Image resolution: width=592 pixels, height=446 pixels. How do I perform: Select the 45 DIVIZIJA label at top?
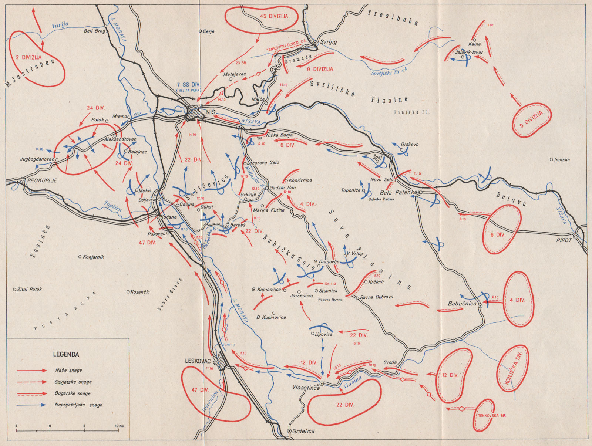tap(274, 16)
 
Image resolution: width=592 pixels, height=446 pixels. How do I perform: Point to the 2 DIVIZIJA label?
tap(29, 57)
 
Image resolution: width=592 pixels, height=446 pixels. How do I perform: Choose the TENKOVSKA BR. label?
tap(492, 416)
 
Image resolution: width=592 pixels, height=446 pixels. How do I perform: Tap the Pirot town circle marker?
tap(576, 236)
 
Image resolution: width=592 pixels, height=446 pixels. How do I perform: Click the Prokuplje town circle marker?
tap(23, 180)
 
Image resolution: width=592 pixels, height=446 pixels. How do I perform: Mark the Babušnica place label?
tap(462, 304)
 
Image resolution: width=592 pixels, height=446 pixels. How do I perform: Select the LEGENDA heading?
tap(66, 354)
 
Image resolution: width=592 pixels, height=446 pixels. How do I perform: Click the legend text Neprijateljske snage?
tap(78, 405)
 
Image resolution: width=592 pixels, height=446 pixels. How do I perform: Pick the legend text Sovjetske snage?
tap(73, 382)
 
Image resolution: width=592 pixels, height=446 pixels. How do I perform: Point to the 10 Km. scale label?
tap(119, 426)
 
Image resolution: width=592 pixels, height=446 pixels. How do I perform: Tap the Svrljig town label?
tap(329, 42)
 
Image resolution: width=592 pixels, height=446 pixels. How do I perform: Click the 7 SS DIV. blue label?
tap(188, 85)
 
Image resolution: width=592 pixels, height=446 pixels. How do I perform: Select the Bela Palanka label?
tap(398, 193)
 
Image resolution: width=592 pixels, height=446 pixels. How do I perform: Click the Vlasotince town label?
tap(306, 388)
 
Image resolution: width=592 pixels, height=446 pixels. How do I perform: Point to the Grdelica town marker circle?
tap(289, 431)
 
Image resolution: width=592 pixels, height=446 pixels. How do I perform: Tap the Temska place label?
tap(562, 160)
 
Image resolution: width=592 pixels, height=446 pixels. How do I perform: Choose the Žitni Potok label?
tap(30, 289)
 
